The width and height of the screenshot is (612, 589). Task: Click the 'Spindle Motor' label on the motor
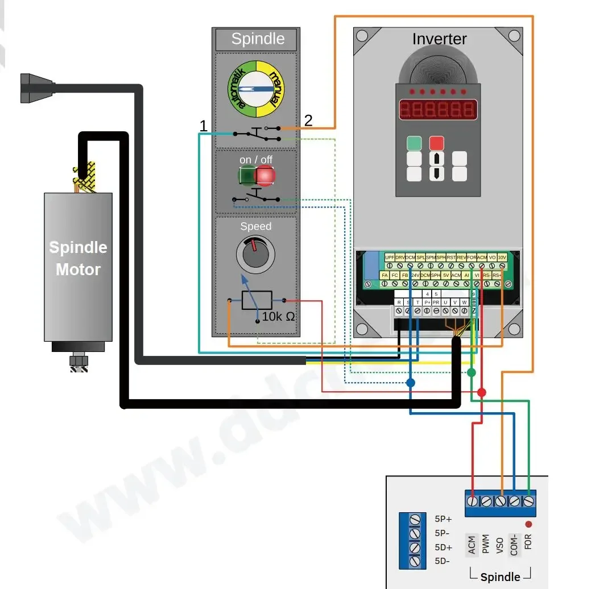(78, 258)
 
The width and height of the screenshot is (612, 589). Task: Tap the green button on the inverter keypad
(414, 143)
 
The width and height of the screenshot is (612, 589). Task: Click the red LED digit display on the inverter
(437, 109)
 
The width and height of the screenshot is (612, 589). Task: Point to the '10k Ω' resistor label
(278, 316)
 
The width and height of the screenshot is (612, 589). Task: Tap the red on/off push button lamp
(264, 177)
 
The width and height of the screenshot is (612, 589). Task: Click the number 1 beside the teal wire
(203, 126)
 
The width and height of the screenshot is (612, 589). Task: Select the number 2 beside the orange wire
(308, 120)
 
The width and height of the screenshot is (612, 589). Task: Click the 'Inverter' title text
(439, 39)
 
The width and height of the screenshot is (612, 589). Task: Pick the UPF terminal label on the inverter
(390, 258)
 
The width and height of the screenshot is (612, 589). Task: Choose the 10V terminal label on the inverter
(502, 258)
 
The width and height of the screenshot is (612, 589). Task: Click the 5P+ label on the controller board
(443, 519)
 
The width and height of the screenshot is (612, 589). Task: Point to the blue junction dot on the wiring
(411, 383)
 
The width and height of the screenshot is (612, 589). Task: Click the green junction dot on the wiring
(471, 372)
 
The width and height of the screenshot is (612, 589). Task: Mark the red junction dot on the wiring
(482, 392)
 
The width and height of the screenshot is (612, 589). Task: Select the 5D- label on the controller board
(443, 561)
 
